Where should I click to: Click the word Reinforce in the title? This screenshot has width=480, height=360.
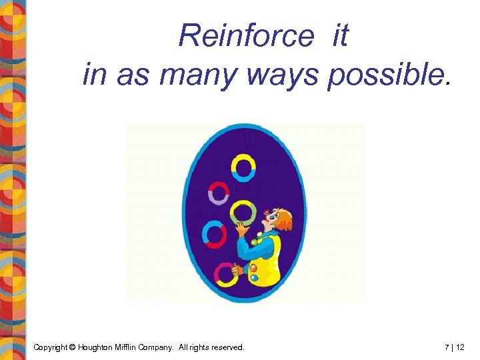pyautogui.click(x=245, y=35)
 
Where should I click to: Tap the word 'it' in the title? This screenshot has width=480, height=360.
pyautogui.click(x=339, y=35)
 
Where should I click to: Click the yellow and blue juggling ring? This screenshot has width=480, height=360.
pyautogui.click(x=243, y=167)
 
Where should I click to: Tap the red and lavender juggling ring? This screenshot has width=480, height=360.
pyautogui.click(x=219, y=193)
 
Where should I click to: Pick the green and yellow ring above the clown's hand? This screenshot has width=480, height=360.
pyautogui.click(x=243, y=213)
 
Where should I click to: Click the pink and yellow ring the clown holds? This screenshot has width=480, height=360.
pyautogui.click(x=225, y=273)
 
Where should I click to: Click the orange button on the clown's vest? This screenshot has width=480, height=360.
pyautogui.click(x=253, y=268)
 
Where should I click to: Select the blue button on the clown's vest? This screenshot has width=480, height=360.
pyautogui.click(x=254, y=277)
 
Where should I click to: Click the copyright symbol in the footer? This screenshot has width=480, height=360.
pyautogui.click(x=72, y=347)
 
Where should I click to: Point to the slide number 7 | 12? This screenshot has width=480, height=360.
pyautogui.click(x=455, y=347)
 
